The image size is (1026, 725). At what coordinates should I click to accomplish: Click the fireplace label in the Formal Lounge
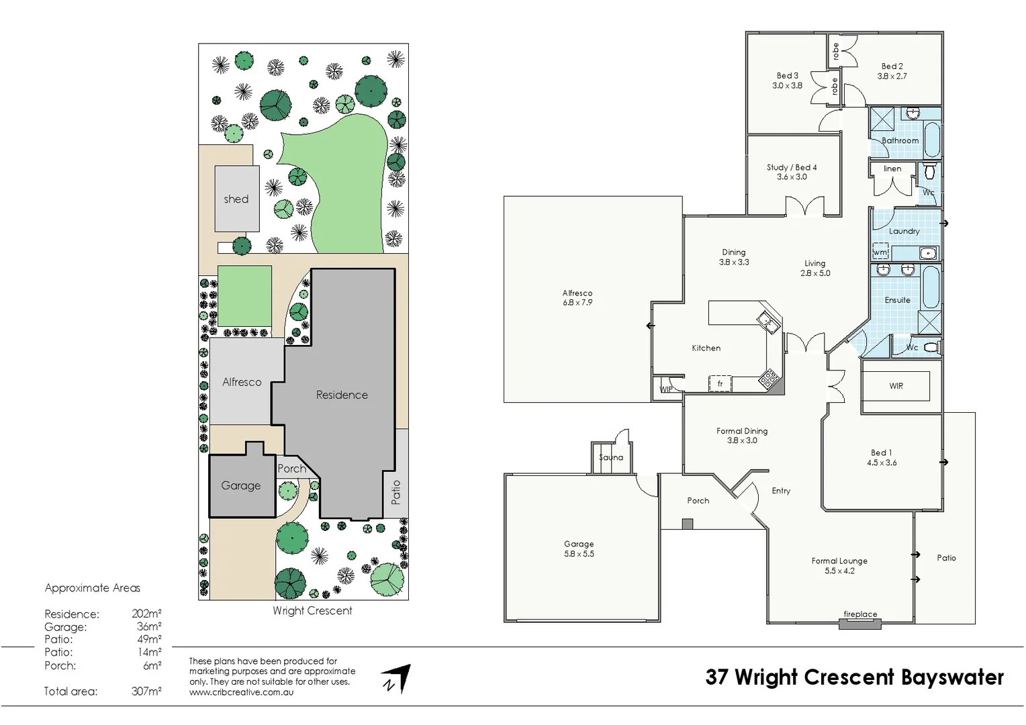tap(860, 614)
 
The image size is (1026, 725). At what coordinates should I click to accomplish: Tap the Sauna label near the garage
tap(611, 458)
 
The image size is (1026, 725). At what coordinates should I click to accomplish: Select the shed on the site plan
tap(236, 199)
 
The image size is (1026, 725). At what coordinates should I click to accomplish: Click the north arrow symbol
tap(397, 679)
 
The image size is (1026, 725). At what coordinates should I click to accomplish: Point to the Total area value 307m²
tap(146, 691)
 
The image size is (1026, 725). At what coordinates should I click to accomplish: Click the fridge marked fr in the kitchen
tap(720, 384)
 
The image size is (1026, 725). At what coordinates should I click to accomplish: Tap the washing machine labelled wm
tap(880, 252)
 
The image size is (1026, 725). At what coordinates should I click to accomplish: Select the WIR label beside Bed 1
tap(896, 386)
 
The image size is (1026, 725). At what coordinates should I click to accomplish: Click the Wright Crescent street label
tap(312, 611)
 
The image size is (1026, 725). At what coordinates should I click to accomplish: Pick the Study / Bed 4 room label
tap(792, 168)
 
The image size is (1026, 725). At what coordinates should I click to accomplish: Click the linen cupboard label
tap(892, 169)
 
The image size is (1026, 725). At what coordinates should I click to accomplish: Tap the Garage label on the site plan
tap(241, 486)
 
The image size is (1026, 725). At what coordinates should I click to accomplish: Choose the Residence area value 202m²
tap(146, 614)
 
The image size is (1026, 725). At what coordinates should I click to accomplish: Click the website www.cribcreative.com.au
tap(241, 692)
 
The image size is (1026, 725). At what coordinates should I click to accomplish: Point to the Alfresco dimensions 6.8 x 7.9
tap(577, 303)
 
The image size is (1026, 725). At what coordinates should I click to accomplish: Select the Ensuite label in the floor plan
tap(897, 300)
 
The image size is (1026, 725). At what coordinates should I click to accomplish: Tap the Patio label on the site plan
tap(395, 492)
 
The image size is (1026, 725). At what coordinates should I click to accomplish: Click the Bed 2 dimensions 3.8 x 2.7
tap(892, 77)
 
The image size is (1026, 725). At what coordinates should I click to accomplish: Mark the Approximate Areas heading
tap(93, 588)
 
